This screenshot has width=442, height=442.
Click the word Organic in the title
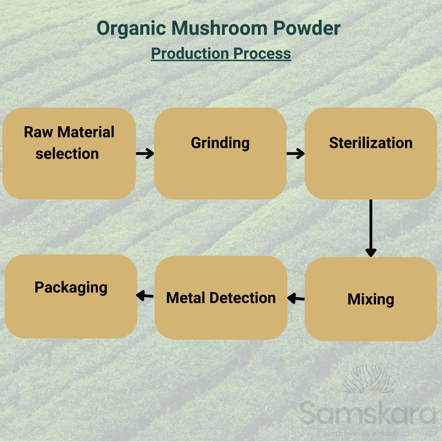(131, 29)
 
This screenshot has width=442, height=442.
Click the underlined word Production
(190, 54)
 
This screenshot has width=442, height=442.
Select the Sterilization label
(371, 143)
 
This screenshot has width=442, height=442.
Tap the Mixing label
(371, 299)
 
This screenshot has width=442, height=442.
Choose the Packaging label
(71, 288)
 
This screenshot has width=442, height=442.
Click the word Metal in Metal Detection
(186, 298)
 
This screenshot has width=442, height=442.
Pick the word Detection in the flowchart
(243, 298)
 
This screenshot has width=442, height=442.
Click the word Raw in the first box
(38, 132)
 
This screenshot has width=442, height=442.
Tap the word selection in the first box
(67, 154)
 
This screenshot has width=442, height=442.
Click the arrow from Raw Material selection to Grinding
(145, 154)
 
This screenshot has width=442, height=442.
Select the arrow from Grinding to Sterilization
(296, 154)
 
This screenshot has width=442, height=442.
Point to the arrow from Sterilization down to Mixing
(371, 228)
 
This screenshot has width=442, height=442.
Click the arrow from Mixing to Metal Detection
(296, 298)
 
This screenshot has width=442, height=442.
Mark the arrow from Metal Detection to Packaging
(145, 295)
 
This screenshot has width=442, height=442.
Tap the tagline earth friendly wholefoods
(368, 433)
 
